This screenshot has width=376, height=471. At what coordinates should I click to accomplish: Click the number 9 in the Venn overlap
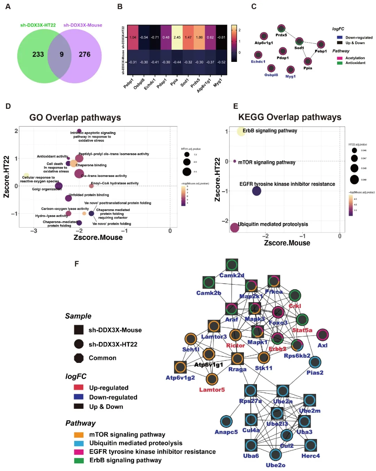[62, 54]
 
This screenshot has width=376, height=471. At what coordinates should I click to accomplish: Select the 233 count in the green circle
[38, 54]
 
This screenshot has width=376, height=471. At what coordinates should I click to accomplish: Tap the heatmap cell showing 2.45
[177, 37]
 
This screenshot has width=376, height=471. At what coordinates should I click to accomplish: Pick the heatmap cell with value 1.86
[199, 37]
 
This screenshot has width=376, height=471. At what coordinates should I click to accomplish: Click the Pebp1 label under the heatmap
[128, 83]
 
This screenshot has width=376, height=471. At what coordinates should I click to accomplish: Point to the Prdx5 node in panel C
[281, 29]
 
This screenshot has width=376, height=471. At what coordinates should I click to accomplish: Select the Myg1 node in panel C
[290, 70]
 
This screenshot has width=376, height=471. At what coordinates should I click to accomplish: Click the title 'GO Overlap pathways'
[75, 117]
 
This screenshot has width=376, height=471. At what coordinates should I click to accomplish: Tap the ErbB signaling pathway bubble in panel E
[241, 131]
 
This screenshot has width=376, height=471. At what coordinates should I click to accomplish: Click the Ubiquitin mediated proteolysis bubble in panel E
[235, 227]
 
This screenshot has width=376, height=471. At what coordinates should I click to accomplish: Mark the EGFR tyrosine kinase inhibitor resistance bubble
[257, 191]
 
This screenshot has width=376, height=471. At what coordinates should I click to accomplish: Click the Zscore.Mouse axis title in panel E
[287, 243]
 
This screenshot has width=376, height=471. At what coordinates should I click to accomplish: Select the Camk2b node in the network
[209, 283]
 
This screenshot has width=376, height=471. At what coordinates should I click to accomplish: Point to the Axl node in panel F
[323, 335]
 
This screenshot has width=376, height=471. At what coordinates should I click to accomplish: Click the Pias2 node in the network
[315, 362]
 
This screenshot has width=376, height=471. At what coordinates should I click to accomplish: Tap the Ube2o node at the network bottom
[275, 455]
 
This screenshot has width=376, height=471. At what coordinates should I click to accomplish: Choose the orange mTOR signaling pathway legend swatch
[79, 435]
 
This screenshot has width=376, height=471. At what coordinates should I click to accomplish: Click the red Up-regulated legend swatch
[79, 387]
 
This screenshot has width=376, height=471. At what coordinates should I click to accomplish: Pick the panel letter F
[77, 264]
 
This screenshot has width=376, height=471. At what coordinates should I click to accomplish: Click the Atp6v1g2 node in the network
[180, 367]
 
